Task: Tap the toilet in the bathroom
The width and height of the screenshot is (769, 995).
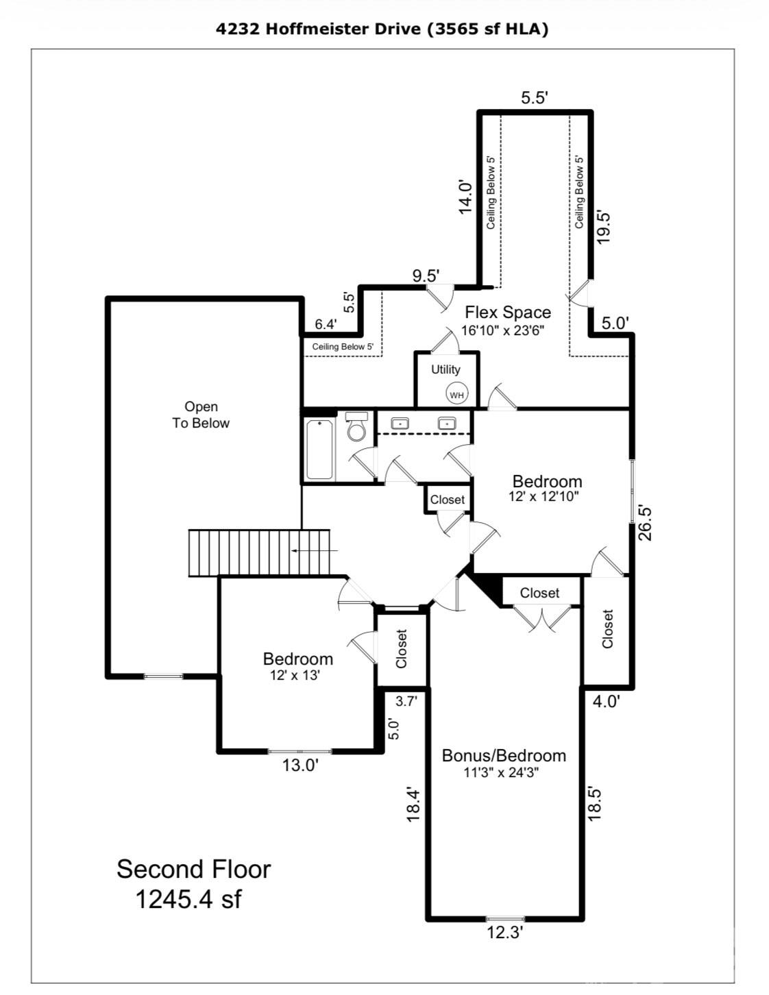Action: pyautogui.click(x=356, y=428)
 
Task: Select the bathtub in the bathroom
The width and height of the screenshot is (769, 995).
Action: pyautogui.click(x=319, y=450)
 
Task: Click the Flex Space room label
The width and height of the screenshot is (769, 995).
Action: pyautogui.click(x=507, y=312)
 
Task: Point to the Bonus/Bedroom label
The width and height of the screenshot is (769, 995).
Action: pyautogui.click(x=504, y=755)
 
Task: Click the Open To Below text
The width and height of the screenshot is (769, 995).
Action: pyautogui.click(x=201, y=415)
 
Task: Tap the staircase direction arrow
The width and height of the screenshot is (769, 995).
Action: pyautogui.click(x=314, y=550)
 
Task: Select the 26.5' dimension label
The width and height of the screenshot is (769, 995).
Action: pyautogui.click(x=644, y=523)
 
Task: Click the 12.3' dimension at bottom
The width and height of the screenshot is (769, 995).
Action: pyautogui.click(x=505, y=933)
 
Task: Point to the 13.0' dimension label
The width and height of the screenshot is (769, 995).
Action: pyautogui.click(x=300, y=765)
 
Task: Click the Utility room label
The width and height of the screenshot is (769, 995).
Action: pyautogui.click(x=445, y=369)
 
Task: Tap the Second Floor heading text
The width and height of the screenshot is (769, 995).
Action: pyautogui.click(x=193, y=869)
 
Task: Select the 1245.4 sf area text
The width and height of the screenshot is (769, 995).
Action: pyautogui.click(x=188, y=899)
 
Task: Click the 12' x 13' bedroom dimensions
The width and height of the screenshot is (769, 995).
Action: pyautogui.click(x=295, y=675)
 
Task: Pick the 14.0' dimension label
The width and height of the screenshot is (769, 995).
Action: pyautogui.click(x=465, y=197)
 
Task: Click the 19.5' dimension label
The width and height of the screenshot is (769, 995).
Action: pyautogui.click(x=603, y=226)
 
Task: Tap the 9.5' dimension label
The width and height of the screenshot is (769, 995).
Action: pyautogui.click(x=425, y=275)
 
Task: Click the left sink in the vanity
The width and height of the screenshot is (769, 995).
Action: pyautogui.click(x=400, y=423)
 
